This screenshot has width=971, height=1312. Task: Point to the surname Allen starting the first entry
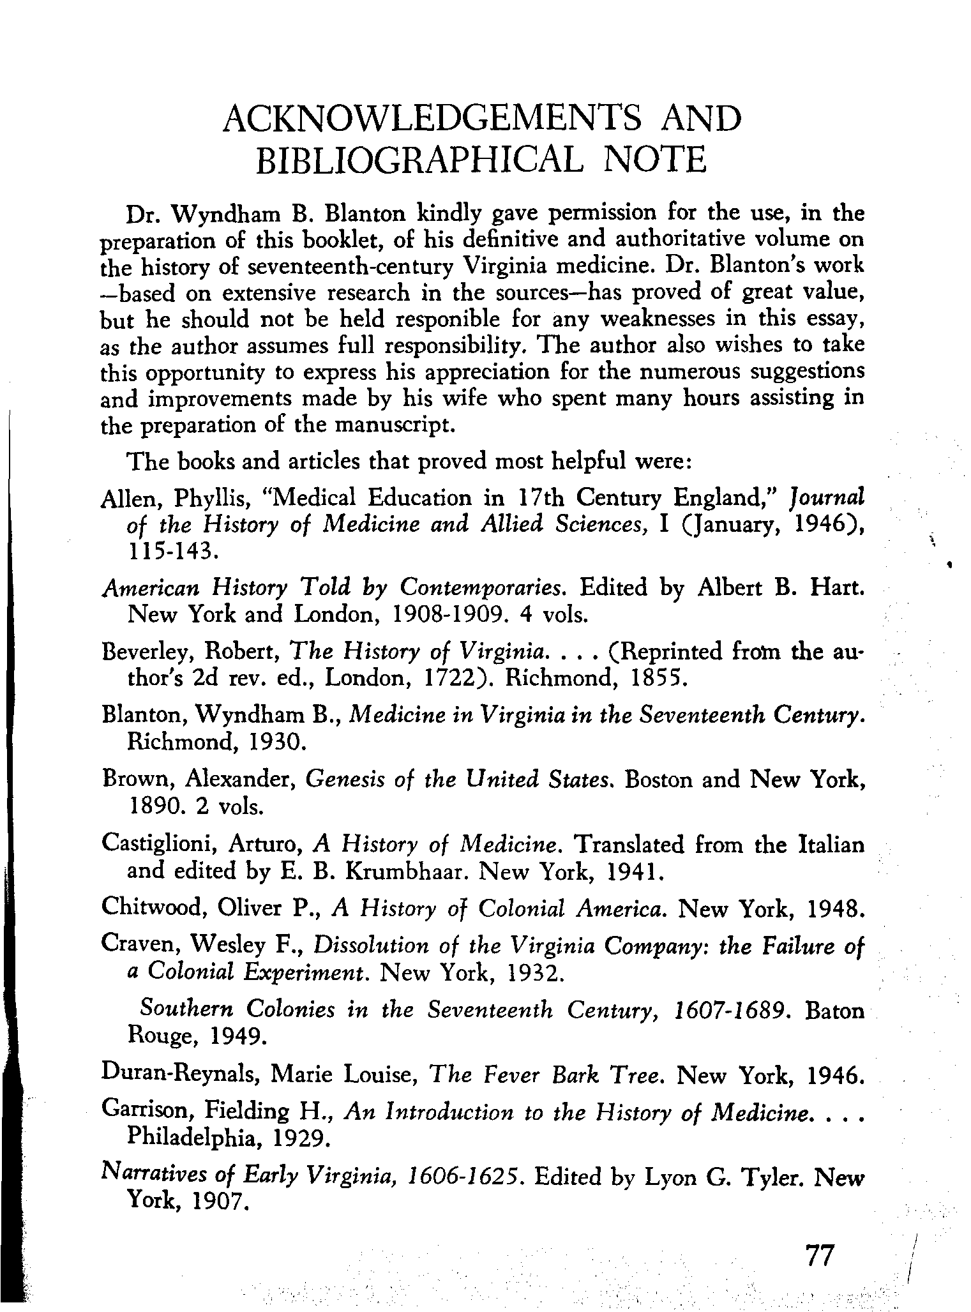[x=128, y=499]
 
